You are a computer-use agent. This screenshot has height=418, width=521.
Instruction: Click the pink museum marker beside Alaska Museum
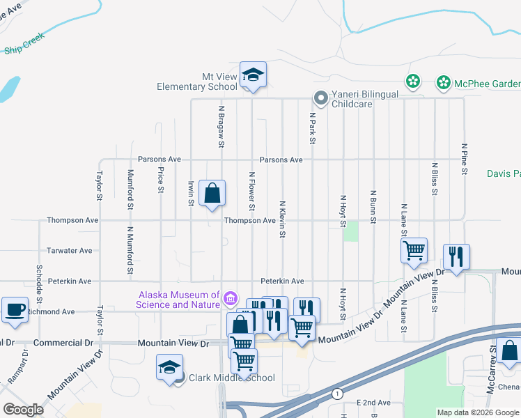point(230,300)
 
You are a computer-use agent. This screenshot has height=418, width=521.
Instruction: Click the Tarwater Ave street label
point(69,250)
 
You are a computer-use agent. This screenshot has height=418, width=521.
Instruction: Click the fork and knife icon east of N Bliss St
point(456,256)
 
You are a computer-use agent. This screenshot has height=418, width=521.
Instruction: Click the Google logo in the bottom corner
point(23,410)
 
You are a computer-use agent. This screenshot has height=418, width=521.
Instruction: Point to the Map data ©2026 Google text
point(478,412)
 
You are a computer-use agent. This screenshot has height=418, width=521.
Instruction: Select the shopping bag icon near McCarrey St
point(509,352)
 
